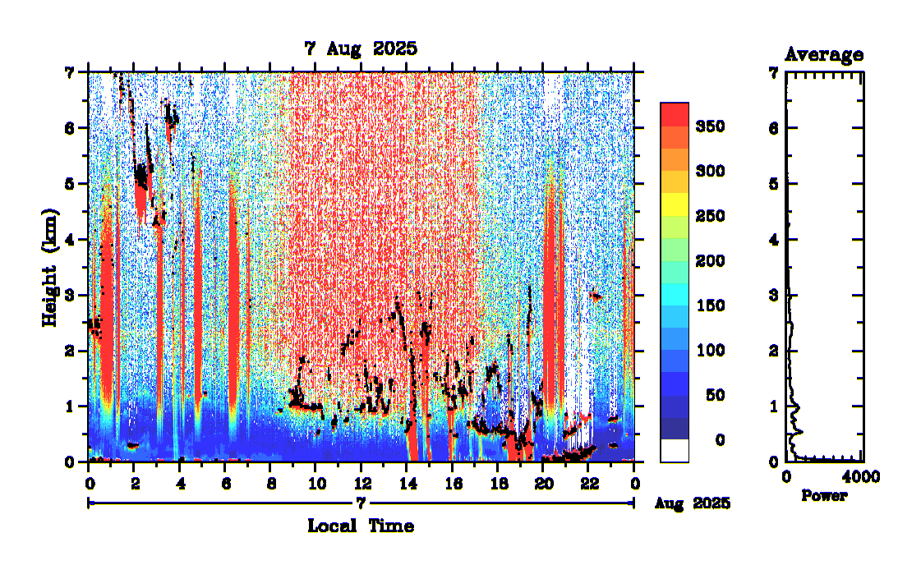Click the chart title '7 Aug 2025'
(x=361, y=48)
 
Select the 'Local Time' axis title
(x=361, y=526)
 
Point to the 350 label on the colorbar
(x=708, y=126)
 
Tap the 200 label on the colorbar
(x=708, y=261)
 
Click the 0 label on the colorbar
(x=720, y=440)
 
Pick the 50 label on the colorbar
(x=714, y=396)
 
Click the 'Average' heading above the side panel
(x=824, y=55)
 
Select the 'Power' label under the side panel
(x=824, y=496)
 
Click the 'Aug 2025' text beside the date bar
(x=693, y=503)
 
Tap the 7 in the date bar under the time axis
(x=360, y=502)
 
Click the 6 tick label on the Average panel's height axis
(x=772, y=128)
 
